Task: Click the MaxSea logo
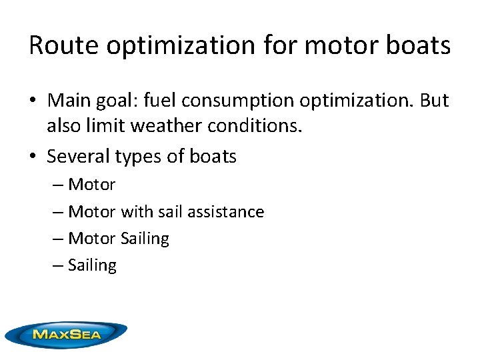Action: [66, 334]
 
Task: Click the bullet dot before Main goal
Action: [33, 101]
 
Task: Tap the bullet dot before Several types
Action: [33, 157]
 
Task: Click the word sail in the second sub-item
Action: [171, 212]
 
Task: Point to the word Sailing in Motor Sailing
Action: [145, 239]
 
